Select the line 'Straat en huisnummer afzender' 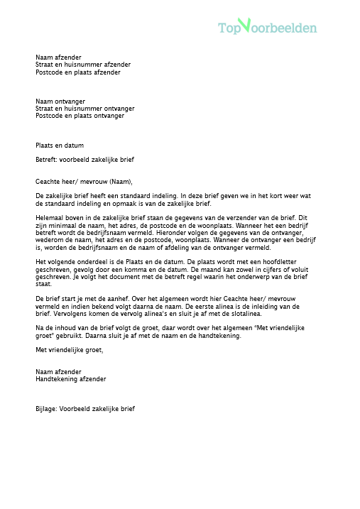pos(83,65)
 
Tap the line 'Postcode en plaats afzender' pos(78,72)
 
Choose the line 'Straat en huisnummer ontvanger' pos(84,109)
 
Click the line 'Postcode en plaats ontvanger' pos(80,116)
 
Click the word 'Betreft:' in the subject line pos(47,160)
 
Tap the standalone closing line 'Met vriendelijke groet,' pos(69,349)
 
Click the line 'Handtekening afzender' pos(71,379)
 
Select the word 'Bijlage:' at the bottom pos(47,409)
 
